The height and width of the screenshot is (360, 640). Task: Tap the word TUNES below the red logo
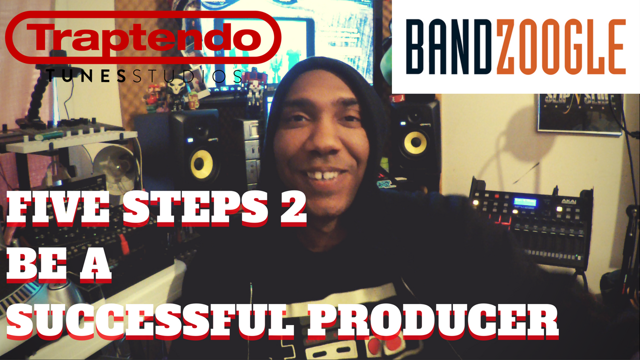coord(85,76)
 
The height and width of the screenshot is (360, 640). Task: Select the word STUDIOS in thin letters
coord(187,76)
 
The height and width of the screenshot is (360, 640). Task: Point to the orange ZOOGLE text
coord(561,46)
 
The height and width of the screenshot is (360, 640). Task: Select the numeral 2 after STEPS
coord(293,207)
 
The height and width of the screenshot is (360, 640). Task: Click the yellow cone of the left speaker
coord(202,164)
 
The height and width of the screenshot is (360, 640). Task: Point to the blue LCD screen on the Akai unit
coord(525,202)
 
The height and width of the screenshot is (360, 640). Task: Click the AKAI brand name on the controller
coord(569,201)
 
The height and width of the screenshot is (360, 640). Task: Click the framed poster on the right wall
coord(580,114)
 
